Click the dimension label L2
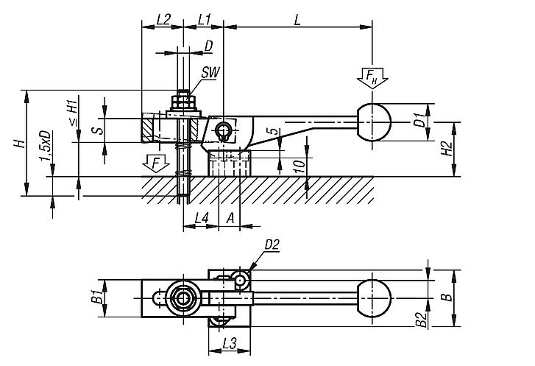click(164, 21)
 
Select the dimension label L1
click(205, 21)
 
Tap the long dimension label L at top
click(297, 21)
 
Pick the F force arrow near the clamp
click(155, 161)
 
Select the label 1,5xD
click(46, 148)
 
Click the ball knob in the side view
click(375, 122)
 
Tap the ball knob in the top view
click(375, 298)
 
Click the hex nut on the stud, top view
click(180, 298)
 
